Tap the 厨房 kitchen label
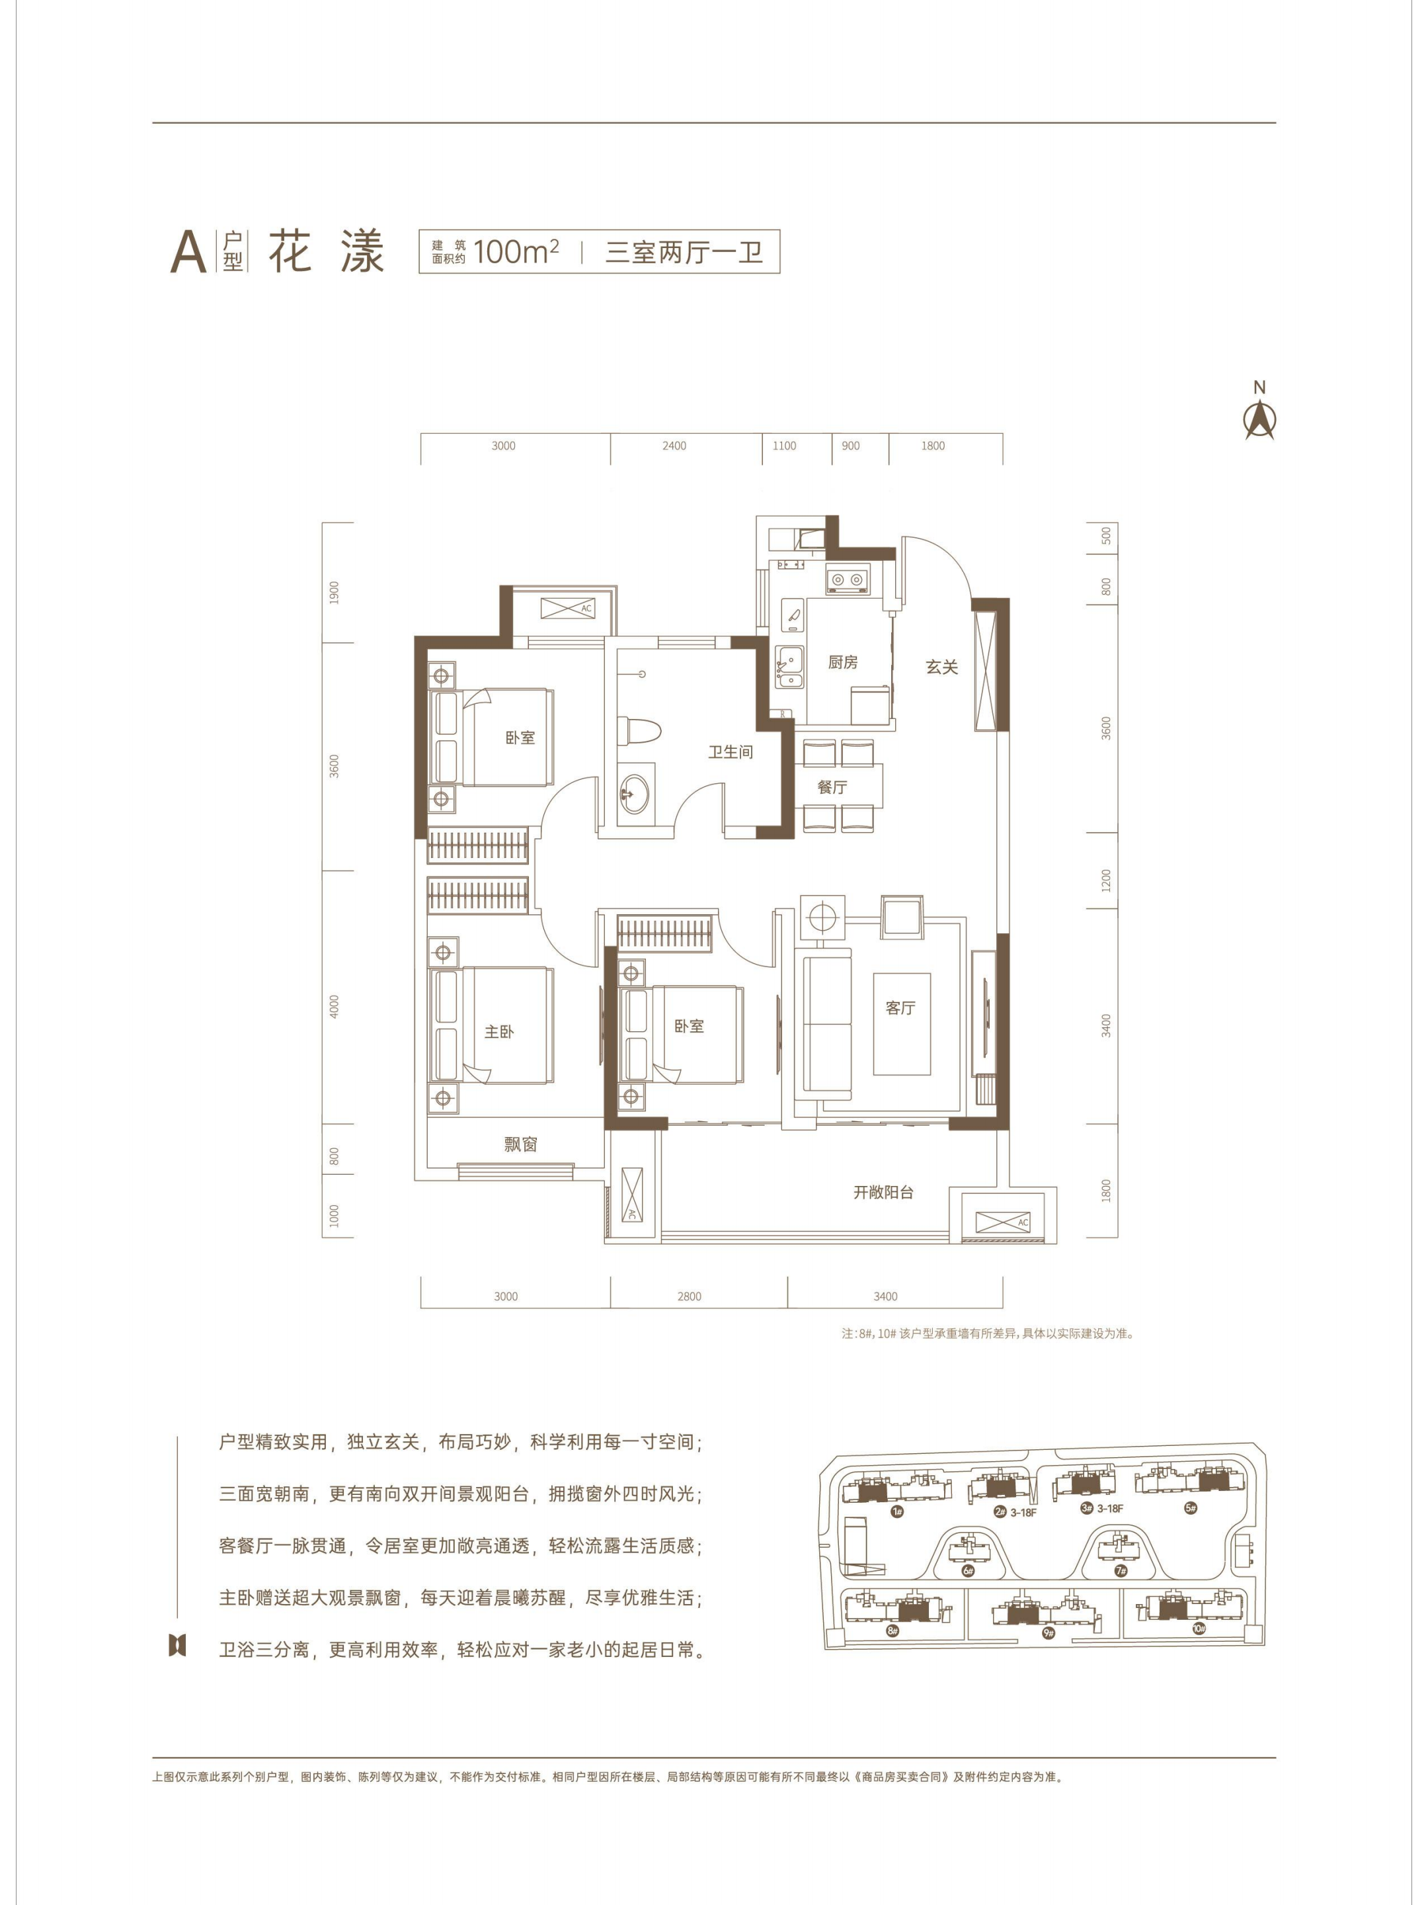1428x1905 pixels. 843,661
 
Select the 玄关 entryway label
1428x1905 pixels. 941,667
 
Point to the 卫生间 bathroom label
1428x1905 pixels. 730,752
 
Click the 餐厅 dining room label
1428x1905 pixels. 832,786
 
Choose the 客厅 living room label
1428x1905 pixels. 900,1007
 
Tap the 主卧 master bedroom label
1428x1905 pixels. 498,1031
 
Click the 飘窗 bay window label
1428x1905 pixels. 521,1144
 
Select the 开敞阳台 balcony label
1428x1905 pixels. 883,1192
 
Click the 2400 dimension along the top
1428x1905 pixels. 674,445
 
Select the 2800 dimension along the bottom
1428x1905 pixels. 689,1296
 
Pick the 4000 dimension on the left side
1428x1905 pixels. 334,1006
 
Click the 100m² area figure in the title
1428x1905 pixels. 516,251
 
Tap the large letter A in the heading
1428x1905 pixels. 188,251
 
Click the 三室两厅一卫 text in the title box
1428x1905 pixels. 684,251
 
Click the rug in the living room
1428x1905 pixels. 901,1024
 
